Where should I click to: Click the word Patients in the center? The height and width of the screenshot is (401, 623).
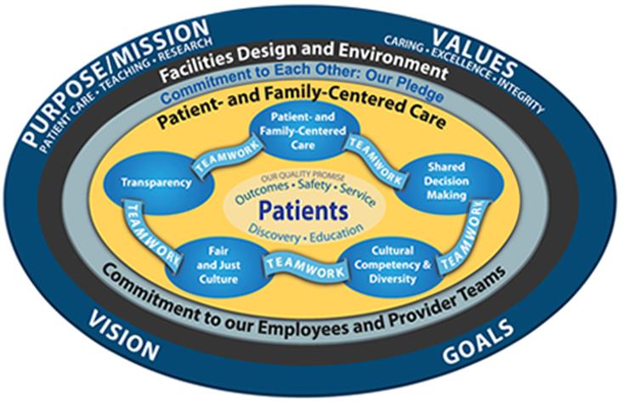pos(304,211)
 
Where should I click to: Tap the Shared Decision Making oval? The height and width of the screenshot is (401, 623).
pos(448,181)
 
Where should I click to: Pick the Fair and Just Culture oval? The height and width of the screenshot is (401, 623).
pos(218,266)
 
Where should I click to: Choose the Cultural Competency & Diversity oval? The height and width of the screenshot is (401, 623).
pos(392,266)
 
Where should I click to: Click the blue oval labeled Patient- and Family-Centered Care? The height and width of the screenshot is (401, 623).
pos(303,131)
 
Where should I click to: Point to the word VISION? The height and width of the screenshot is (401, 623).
pos(122,334)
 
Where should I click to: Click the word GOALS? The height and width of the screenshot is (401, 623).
pos(478,341)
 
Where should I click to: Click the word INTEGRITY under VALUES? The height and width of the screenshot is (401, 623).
pos(521,96)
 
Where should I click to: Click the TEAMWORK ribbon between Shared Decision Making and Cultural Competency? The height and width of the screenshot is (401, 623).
pos(462,237)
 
